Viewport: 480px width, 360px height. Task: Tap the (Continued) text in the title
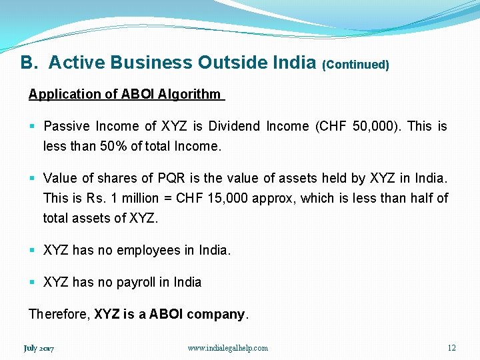click(355, 65)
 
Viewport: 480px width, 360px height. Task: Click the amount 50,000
click(375, 126)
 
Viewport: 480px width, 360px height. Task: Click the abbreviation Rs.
click(95, 198)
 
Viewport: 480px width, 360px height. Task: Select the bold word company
click(216, 314)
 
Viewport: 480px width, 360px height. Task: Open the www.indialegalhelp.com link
click(227, 348)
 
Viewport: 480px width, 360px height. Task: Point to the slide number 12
click(451, 348)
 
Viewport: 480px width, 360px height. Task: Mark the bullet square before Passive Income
click(32, 126)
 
